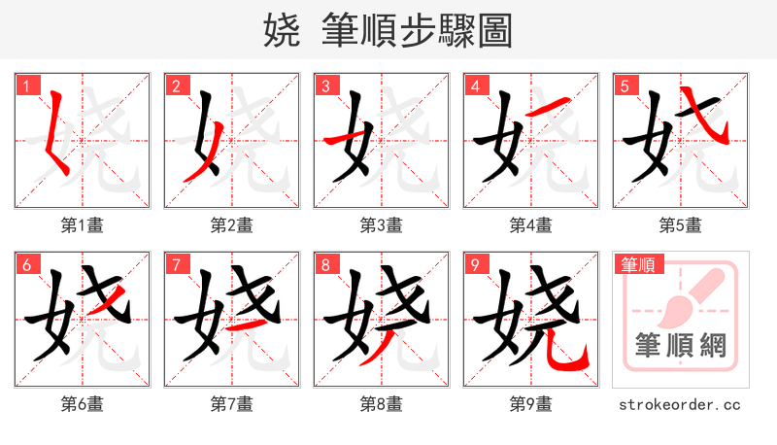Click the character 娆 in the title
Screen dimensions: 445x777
pos(282,31)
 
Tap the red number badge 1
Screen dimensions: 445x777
pos(24,86)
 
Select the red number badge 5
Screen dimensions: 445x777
pos(623,86)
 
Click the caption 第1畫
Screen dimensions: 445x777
pos(83,225)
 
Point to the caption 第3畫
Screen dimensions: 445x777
pos(382,225)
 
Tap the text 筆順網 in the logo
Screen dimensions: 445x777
pos(680,345)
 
